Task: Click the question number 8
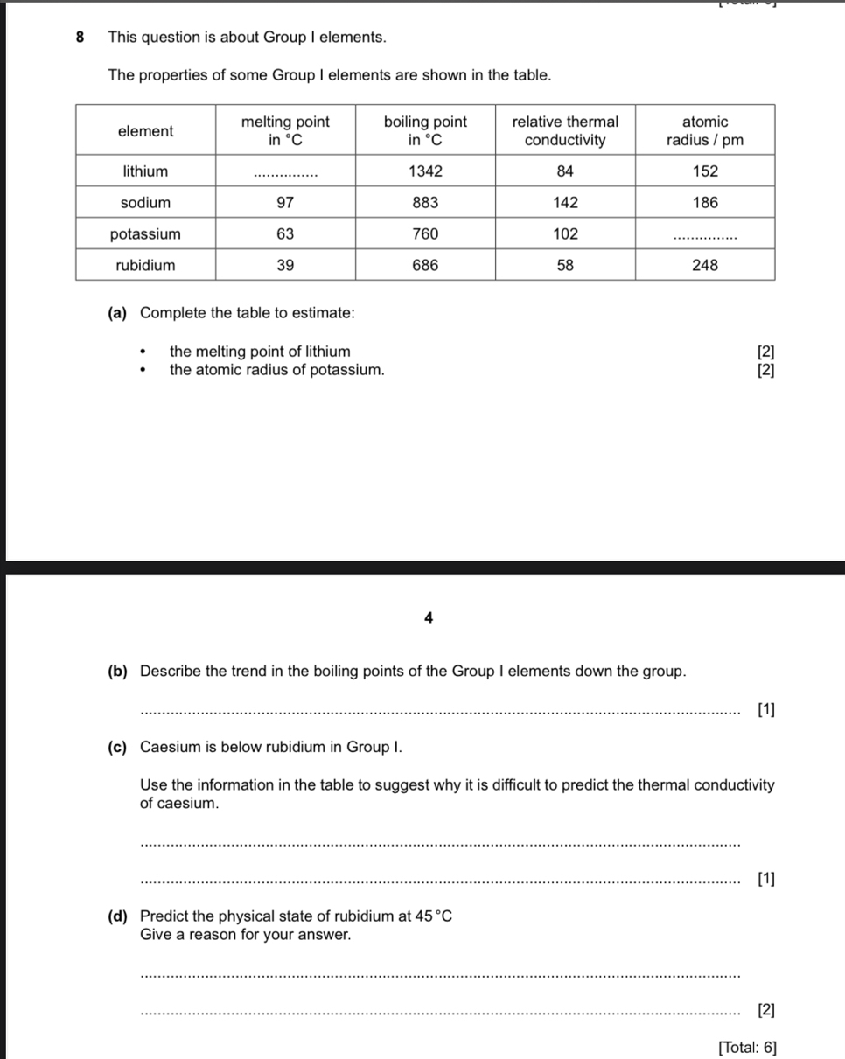(x=80, y=38)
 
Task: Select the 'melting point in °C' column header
(x=285, y=131)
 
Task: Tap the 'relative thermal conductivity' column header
(x=564, y=131)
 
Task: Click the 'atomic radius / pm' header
(x=704, y=131)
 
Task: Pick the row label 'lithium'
(x=145, y=171)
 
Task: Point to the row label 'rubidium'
(x=145, y=265)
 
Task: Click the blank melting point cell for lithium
(x=285, y=173)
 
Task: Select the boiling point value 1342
(x=425, y=171)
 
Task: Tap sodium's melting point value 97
(x=285, y=202)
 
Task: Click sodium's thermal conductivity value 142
(x=565, y=202)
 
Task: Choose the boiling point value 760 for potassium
(x=425, y=233)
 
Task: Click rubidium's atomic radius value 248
(x=705, y=265)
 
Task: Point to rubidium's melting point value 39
(x=285, y=265)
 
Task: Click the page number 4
(x=428, y=617)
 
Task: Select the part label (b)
(x=117, y=672)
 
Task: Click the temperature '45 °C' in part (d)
(x=435, y=916)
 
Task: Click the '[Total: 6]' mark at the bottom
(x=746, y=1047)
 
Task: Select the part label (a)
(x=117, y=312)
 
